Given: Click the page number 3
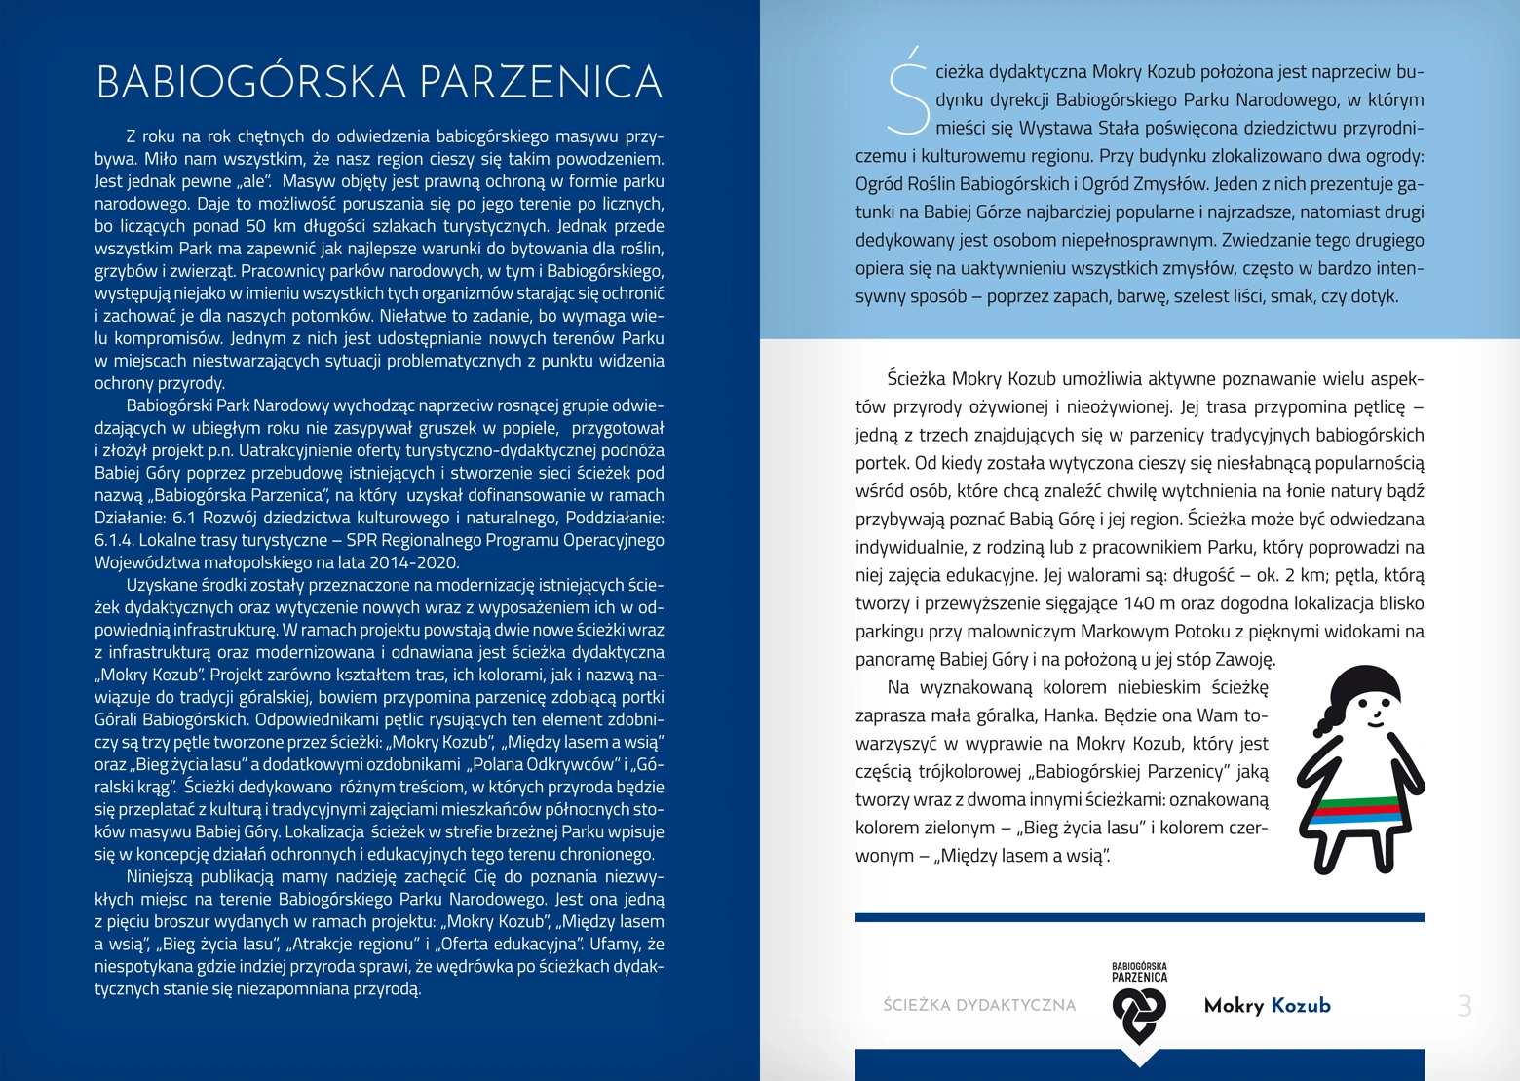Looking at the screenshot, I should point(1463,1006).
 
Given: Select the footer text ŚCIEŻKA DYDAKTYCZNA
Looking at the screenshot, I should point(979,1006).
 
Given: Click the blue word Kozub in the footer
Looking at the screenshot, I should point(1301,1006).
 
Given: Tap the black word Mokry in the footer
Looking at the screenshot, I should point(1234,1006).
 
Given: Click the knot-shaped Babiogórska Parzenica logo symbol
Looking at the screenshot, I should point(1139,1014).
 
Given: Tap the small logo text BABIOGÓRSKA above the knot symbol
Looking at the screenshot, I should point(1139,967).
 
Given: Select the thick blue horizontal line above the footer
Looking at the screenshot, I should point(1139,917).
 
